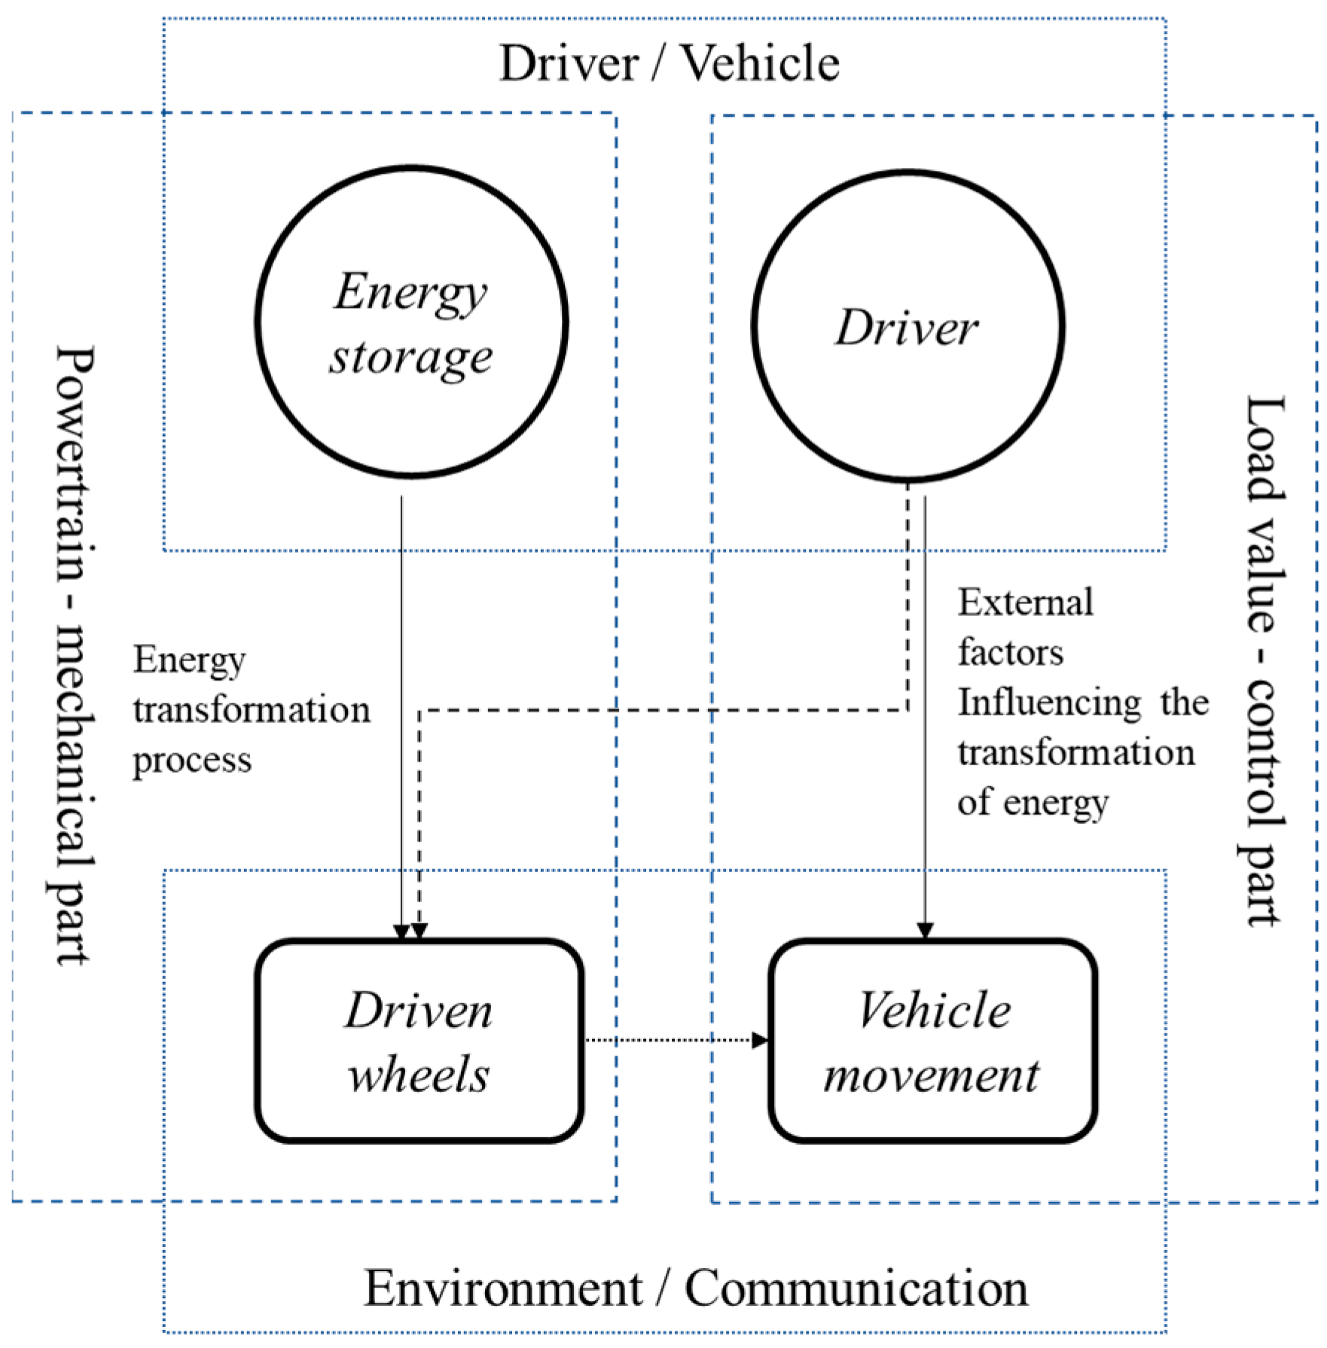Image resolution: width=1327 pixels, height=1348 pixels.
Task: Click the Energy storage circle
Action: coord(411,322)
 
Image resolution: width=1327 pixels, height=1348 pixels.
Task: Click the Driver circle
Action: coord(908,326)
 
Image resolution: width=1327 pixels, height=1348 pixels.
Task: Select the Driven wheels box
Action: coord(419,1041)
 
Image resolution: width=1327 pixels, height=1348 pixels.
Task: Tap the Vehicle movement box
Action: coord(932,1041)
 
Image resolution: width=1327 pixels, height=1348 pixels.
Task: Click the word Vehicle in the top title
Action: coord(761,63)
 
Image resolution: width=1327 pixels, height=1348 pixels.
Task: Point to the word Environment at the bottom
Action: coord(503,1289)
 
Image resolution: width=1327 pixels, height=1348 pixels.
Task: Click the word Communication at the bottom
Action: coord(856,1289)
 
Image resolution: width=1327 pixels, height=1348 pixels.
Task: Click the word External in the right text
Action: coord(1025,603)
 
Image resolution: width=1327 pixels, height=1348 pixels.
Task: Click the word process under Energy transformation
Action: coord(192,761)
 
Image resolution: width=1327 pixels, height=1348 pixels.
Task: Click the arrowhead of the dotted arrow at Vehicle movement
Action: coord(761,1041)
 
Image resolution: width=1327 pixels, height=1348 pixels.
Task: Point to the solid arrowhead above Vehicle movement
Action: coord(925,931)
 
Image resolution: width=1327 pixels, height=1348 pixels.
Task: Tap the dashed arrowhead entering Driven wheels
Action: coord(419,932)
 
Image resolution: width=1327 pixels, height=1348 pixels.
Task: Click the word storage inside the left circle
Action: coord(411,358)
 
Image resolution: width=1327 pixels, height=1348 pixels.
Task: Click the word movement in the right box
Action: coord(932,1075)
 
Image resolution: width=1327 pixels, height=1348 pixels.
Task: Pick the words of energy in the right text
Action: coord(1033,803)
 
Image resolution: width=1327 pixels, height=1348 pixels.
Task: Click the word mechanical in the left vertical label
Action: coord(75,726)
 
